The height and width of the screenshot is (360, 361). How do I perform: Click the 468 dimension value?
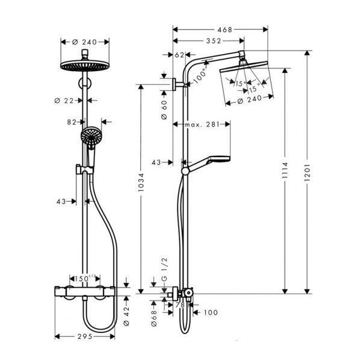point(224,29)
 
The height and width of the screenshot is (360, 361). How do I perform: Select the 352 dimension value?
point(214,41)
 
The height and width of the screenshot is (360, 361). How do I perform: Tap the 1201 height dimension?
point(307,173)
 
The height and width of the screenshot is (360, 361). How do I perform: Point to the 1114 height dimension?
point(285,170)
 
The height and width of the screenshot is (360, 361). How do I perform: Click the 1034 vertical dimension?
point(141,182)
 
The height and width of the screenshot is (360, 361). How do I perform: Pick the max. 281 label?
point(202,125)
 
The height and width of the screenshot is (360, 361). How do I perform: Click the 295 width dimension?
point(85,337)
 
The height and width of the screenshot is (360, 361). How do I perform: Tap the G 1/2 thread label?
point(164,269)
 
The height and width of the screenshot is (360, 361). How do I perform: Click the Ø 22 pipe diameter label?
point(64,101)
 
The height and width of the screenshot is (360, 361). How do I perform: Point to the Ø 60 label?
point(164,110)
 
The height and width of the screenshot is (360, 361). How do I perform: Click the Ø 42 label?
point(126,316)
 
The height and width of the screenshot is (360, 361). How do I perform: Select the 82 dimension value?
point(72,122)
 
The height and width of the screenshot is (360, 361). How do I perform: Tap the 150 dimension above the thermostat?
point(85,279)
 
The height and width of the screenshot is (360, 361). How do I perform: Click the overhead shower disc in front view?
point(85,66)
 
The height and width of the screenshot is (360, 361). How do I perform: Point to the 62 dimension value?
point(179,55)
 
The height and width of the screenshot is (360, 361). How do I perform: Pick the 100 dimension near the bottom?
point(211,312)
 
